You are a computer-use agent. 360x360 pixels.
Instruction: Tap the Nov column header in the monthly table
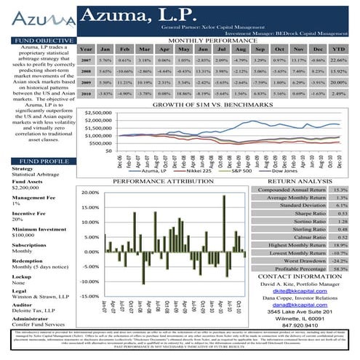(297, 49)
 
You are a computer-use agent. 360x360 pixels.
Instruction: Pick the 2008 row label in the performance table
(85, 72)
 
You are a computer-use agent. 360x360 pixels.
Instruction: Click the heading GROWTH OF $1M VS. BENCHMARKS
(217, 106)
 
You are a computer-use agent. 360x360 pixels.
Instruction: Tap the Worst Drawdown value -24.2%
(339, 260)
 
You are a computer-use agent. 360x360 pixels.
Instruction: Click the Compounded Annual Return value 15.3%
(340, 189)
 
